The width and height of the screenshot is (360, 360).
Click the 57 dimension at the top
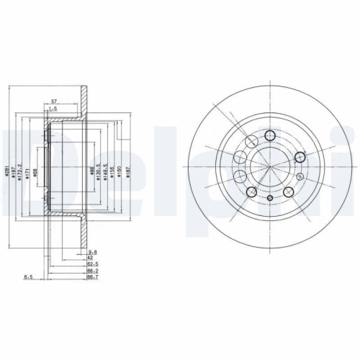pos(54,102)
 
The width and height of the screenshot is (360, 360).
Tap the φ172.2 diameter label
pos(21,171)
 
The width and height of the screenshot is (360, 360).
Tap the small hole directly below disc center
pos(269,198)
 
